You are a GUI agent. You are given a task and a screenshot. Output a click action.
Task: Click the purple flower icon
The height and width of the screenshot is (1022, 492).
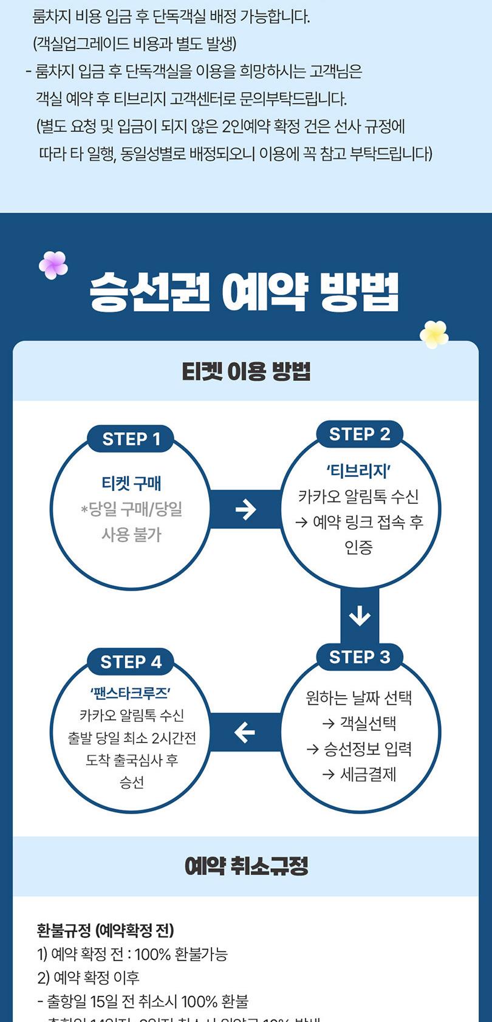tap(53, 265)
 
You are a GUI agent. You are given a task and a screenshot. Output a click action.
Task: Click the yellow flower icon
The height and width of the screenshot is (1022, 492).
tap(434, 334)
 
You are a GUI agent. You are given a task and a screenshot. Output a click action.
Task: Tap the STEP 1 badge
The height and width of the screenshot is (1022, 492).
tap(131, 439)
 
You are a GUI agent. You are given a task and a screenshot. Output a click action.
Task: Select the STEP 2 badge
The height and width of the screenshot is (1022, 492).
tap(360, 434)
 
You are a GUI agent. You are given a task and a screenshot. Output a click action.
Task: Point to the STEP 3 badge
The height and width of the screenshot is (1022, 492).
tap(360, 657)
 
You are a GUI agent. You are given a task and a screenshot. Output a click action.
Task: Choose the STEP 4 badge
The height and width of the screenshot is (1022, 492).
tap(131, 662)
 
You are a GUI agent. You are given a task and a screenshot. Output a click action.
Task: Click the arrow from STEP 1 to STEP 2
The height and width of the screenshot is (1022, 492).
tap(245, 509)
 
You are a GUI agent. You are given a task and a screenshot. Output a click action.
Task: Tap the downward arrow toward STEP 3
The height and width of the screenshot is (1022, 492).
tap(360, 616)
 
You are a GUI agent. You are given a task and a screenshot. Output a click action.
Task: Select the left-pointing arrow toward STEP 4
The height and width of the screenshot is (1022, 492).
tap(245, 732)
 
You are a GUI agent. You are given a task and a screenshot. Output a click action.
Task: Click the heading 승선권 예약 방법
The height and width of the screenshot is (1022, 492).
tap(244, 292)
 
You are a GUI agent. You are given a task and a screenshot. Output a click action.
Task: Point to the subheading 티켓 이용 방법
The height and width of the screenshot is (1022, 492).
tap(246, 371)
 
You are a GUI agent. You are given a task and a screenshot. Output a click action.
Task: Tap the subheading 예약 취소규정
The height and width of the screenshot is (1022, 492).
tap(246, 866)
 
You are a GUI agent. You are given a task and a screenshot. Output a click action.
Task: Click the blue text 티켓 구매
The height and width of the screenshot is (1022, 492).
tap(131, 484)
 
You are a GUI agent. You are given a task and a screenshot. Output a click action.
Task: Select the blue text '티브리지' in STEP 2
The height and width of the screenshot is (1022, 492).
tap(359, 471)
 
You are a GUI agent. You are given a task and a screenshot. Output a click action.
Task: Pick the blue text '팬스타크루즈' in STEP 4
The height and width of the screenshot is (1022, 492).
tap(131, 693)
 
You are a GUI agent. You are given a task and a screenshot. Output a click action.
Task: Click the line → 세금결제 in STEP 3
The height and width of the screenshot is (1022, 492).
tap(359, 774)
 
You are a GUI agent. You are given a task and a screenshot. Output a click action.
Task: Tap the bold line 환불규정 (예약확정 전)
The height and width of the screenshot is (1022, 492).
tap(106, 930)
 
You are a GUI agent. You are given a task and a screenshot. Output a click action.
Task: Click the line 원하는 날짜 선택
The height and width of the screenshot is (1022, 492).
tap(359, 698)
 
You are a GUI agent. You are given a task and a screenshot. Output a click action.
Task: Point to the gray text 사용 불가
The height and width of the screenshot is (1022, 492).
tap(131, 535)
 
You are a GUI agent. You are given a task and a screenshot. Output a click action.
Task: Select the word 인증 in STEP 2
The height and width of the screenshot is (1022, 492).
tap(359, 547)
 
